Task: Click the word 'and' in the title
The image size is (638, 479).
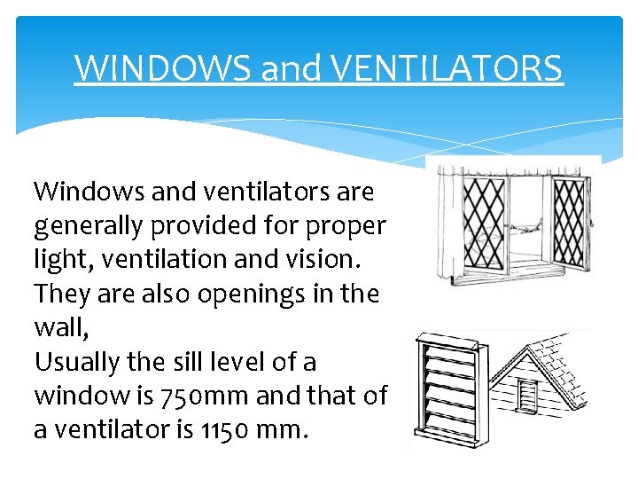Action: click(x=281, y=67)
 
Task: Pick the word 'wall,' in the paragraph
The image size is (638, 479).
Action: click(x=58, y=328)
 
